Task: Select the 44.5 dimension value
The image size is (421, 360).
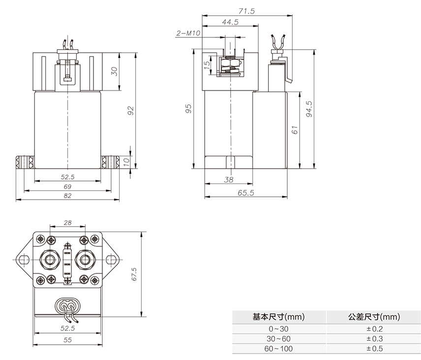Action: pos(230,23)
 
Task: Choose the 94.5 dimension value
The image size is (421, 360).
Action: pos(308,109)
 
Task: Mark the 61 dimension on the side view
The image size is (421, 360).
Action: pos(295,130)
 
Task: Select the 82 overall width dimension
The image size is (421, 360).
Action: pos(68,196)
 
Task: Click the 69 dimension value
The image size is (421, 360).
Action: pos(68,186)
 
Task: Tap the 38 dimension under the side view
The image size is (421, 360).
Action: pos(229,180)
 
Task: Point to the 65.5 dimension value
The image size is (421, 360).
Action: pos(245,193)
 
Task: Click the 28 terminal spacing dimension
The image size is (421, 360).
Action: pos(68,223)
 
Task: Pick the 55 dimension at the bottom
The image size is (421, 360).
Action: pos(67,340)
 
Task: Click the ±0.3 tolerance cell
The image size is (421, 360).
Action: pos(375,339)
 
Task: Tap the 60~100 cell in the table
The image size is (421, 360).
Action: pos(279,349)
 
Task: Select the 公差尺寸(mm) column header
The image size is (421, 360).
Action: pos(375,317)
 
